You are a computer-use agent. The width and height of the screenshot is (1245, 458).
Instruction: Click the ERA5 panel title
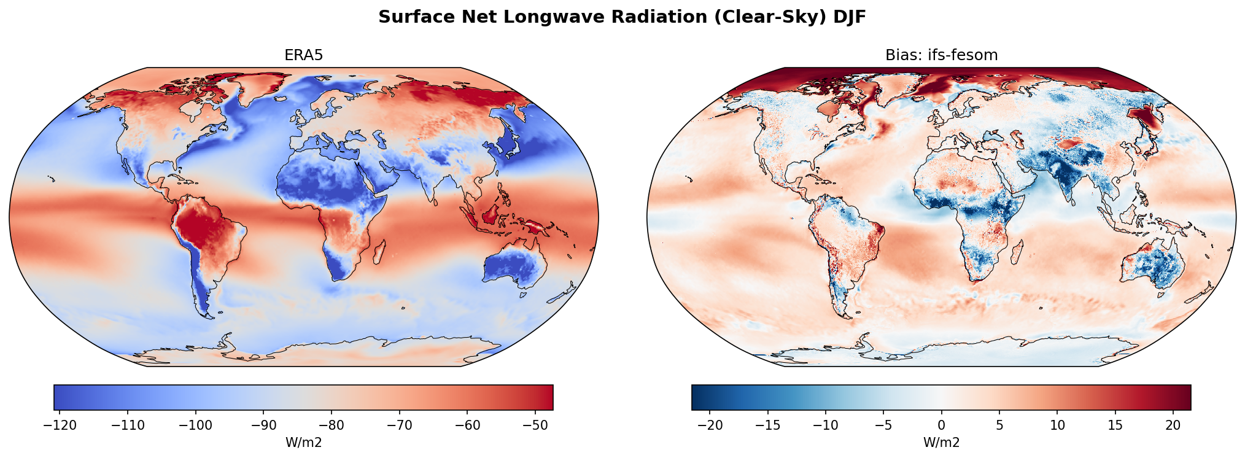coord(303,55)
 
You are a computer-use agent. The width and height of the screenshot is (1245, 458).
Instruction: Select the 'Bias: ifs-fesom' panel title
coord(941,55)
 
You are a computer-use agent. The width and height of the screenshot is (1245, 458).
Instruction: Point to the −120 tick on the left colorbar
coord(60,425)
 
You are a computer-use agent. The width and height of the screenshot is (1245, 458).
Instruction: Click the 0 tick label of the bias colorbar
coord(941,425)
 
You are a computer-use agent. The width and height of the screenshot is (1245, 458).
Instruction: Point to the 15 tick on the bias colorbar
coord(1115,425)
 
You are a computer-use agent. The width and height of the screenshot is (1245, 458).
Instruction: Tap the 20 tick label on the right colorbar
coord(1173,425)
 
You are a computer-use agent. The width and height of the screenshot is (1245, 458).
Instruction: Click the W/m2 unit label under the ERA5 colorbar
coord(303,443)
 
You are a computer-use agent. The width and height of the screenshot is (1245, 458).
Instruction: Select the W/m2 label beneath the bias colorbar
coord(941,443)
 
